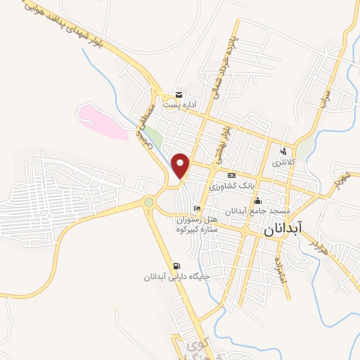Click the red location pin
point(181,165)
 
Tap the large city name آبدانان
point(284,229)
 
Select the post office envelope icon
point(179,95)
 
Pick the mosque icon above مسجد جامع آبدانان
point(257,200)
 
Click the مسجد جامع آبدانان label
point(253,211)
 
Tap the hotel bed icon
point(197,209)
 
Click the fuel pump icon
point(175,266)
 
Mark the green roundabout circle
point(148,202)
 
